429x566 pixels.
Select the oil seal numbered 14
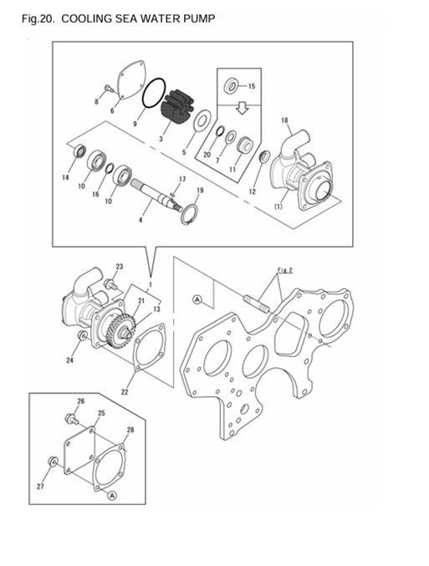tap(79, 152)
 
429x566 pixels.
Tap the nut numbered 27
tap(53, 461)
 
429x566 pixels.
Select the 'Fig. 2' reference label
tap(286, 270)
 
